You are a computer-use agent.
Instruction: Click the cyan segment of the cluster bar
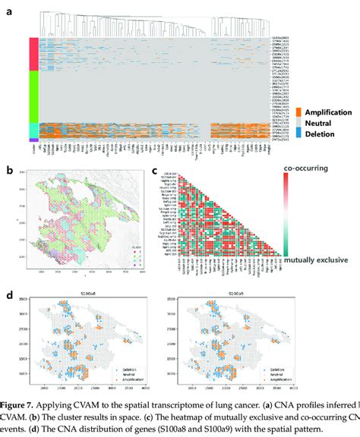click(33, 130)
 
